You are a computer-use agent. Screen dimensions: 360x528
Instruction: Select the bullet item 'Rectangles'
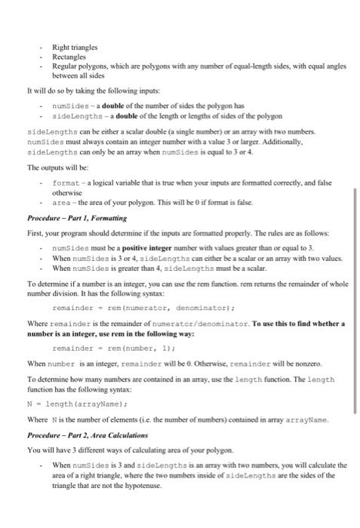[66, 56]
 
